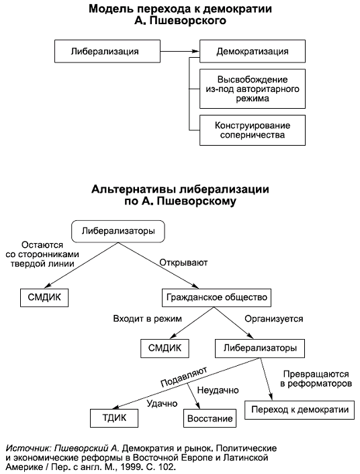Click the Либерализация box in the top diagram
pos(106,51)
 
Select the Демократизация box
pos(253,51)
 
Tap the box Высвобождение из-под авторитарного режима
pos(253,89)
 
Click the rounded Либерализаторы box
pos(118,231)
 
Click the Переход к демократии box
pos(300,409)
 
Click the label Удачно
pos(161,404)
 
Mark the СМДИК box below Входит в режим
pos(165,348)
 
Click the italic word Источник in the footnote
pos(26,446)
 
